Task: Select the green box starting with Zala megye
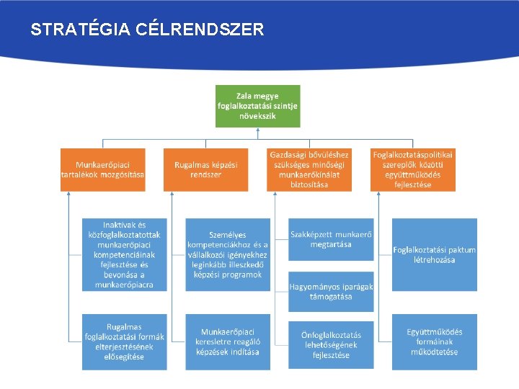coord(258,106)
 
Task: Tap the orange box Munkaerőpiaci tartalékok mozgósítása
coord(102,170)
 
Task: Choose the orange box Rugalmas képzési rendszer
coord(205,170)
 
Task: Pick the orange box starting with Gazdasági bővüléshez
coord(309,170)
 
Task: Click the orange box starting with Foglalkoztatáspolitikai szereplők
coord(413,170)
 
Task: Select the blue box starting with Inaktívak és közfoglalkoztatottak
coord(124,255)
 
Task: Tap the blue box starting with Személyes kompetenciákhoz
coord(227,255)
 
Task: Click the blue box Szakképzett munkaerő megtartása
coord(331,239)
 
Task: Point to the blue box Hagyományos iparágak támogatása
coord(331,291)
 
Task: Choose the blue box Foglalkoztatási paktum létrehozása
coord(434,255)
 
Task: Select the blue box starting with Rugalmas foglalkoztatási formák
coord(124,341)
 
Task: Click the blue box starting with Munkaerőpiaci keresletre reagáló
coord(227,341)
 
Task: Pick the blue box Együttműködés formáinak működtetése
coord(434,341)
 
